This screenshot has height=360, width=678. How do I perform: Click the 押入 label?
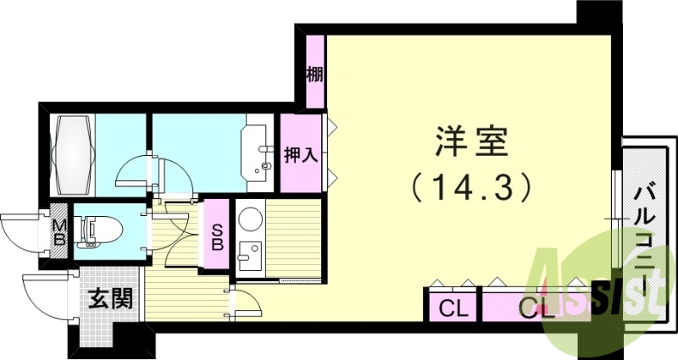(299, 157)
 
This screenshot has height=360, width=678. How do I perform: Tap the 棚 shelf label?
(314, 74)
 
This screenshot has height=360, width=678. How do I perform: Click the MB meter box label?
(59, 231)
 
